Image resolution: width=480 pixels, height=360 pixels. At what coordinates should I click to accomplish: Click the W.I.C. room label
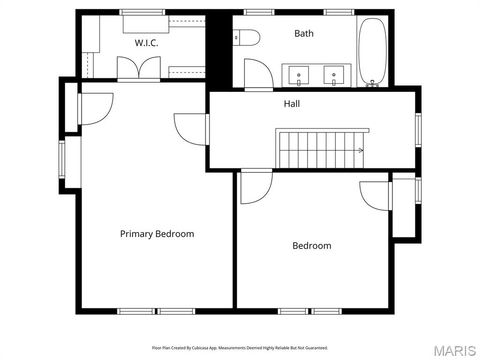148,43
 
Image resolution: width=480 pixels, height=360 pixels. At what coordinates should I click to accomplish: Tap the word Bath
304,34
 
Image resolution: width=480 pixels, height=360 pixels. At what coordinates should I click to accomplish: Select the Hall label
291,103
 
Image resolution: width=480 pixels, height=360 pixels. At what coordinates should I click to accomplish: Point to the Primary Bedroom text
157,233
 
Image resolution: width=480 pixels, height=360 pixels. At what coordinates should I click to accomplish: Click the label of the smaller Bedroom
311,245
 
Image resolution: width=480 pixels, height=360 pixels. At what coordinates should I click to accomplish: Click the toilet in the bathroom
246,38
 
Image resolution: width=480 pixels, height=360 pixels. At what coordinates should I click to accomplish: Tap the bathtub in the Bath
374,51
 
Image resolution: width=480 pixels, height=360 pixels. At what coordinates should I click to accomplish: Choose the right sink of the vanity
334,72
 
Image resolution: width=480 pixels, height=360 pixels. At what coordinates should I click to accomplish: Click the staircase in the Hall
313,149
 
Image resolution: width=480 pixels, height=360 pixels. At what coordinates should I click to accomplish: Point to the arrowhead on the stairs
360,150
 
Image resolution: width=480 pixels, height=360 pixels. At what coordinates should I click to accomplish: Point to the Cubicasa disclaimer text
240,347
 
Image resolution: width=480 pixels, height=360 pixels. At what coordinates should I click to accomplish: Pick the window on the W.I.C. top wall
135,12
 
